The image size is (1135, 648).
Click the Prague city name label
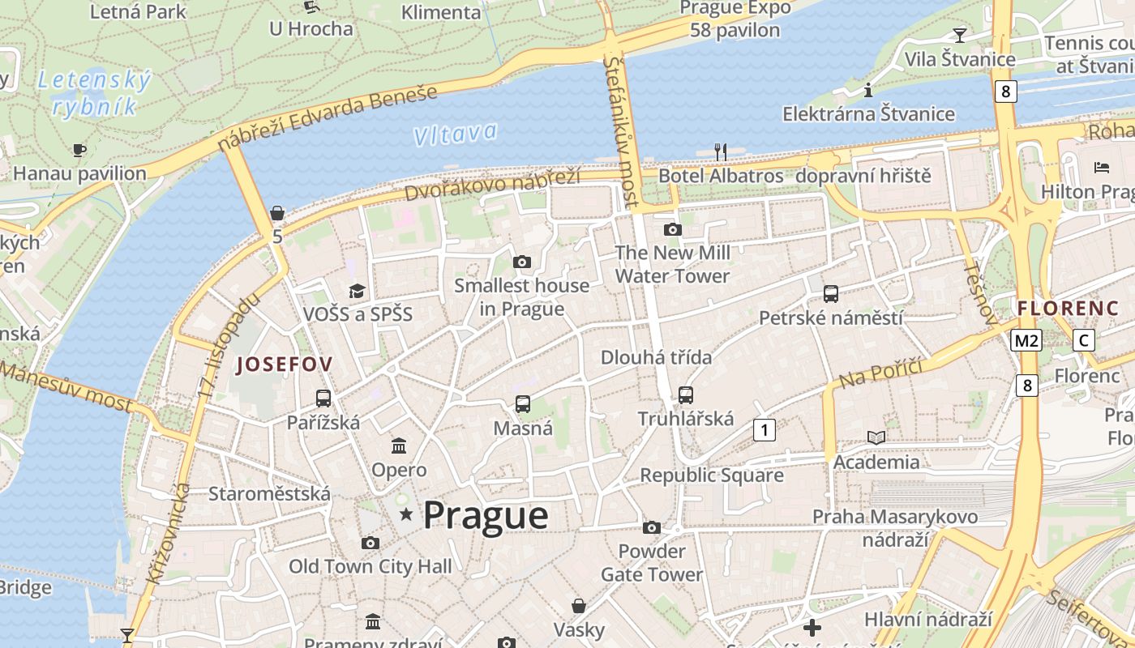coord(485,516)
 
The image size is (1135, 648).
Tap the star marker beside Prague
coord(406,514)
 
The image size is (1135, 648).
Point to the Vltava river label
coord(455,134)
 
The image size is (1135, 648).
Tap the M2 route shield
coord(1026,341)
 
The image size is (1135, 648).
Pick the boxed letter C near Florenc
coord(1083,340)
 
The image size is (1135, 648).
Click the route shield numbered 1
coord(764,429)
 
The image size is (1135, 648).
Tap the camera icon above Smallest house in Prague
coord(522,262)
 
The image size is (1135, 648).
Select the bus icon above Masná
coord(523,403)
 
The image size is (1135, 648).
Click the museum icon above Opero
coord(399,446)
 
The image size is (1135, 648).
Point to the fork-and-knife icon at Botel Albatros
coord(720,151)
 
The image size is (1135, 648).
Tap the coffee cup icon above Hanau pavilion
coord(79,150)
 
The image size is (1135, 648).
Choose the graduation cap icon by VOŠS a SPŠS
coord(357,291)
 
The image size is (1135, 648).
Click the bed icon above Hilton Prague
coord(1101,168)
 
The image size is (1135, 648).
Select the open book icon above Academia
coord(876,438)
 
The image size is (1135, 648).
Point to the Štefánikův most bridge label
coord(621,130)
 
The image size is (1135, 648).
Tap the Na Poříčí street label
coord(880,372)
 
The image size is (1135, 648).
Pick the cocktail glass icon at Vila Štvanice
coord(960,35)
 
